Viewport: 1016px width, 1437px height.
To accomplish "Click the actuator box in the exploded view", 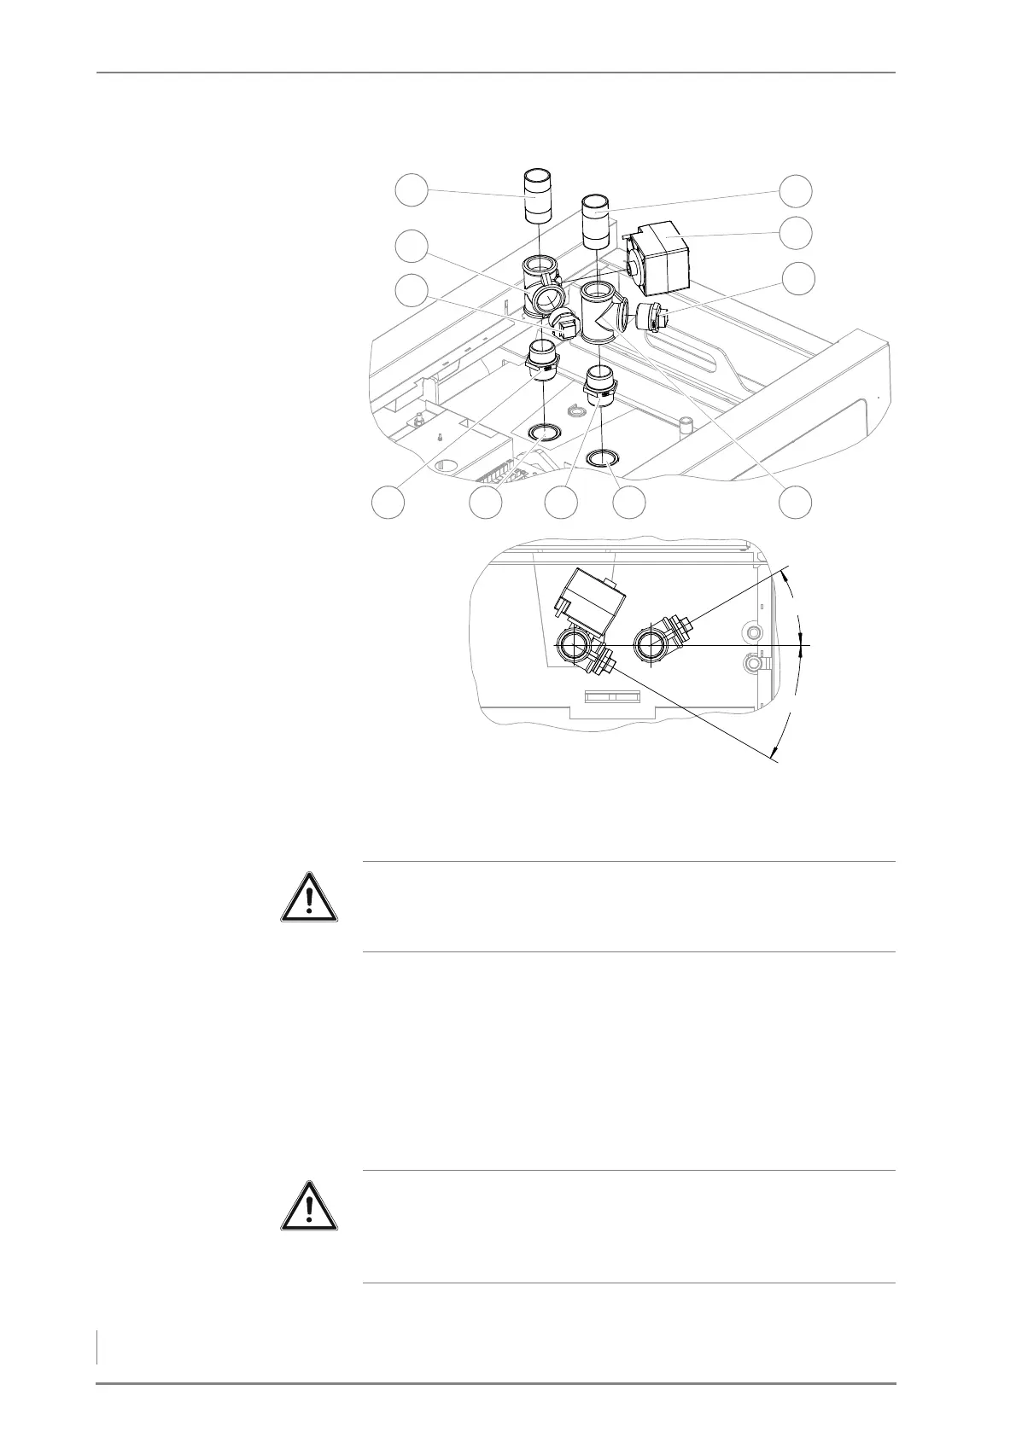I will pyautogui.click(x=662, y=255).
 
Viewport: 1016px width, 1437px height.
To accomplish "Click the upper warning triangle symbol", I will pyautogui.click(x=309, y=897).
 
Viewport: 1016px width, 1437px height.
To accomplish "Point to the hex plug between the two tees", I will pyautogui.click(x=564, y=324).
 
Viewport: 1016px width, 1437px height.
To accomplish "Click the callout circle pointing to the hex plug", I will pyautogui.click(x=412, y=290).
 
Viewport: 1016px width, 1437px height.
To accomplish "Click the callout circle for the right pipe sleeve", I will pyautogui.click(x=797, y=189).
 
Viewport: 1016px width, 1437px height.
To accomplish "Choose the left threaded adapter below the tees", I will pyautogui.click(x=542, y=359).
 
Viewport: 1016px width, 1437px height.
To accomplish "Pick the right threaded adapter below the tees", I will pyautogui.click(x=600, y=384).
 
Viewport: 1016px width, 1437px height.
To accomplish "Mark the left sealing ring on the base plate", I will pyautogui.click(x=544, y=433).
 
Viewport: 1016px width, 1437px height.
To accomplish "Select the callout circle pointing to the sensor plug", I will pyautogui.click(x=797, y=278).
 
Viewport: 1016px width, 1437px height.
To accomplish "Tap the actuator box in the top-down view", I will pyautogui.click(x=587, y=601).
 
